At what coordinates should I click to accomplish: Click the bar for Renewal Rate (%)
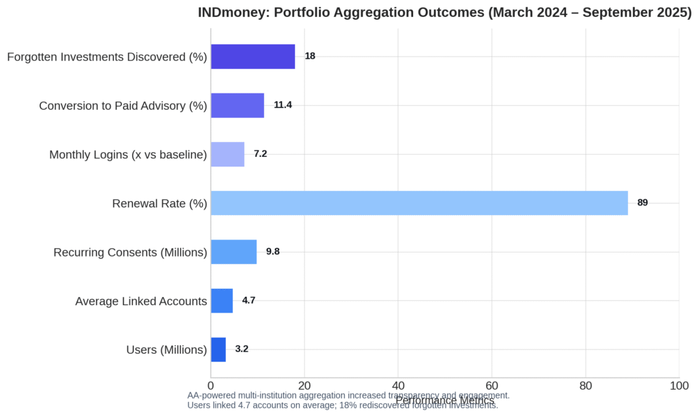point(419,203)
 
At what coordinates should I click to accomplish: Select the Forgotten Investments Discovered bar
point(253,57)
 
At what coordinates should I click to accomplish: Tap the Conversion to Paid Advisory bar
point(237,105)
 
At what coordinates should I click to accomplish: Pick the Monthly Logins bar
point(227,154)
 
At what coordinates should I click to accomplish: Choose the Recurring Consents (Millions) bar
point(233,252)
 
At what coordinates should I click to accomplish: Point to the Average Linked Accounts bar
point(222,300)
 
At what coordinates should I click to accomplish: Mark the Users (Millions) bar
point(218,349)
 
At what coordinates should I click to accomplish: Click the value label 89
point(642,203)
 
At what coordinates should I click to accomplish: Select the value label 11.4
point(283,105)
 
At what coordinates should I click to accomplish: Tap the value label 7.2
point(260,154)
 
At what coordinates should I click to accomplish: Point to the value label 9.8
point(273,252)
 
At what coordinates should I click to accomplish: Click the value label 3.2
point(242,349)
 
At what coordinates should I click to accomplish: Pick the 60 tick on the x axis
point(491,386)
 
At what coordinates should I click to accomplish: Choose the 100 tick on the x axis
point(679,386)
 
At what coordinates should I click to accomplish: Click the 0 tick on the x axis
point(210,386)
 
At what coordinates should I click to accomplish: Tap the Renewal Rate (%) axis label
point(159,203)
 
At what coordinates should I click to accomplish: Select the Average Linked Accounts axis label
point(141,301)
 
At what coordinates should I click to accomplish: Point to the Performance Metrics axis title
point(444,401)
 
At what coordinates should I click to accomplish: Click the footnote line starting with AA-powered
point(348,395)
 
